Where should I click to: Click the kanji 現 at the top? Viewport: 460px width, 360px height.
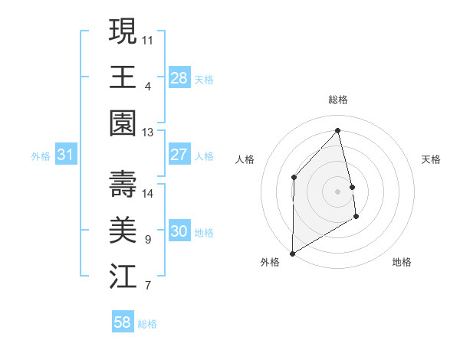[123, 31]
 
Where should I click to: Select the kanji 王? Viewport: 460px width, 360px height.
[123, 77]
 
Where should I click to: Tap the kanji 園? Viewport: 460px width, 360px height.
[123, 123]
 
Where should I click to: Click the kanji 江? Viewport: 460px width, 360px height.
[123, 277]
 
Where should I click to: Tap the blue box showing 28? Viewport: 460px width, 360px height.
[179, 77]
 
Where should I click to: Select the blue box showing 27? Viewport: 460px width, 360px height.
[179, 155]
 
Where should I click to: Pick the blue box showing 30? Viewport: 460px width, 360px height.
[179, 231]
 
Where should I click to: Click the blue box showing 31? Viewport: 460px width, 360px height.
[66, 155]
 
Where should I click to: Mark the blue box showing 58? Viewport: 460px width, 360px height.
[123, 322]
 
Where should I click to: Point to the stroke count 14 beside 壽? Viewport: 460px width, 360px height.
[147, 194]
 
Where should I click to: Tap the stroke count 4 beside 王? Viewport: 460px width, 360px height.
[147, 87]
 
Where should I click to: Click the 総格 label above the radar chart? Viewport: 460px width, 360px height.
[338, 100]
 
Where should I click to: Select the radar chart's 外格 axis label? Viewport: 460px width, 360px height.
[270, 262]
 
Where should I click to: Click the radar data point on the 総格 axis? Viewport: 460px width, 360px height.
[338, 130]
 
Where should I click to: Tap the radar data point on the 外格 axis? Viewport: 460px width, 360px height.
[292, 253]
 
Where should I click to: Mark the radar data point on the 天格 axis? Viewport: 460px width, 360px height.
[353, 186]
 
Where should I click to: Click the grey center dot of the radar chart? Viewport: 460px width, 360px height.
[338, 191]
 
